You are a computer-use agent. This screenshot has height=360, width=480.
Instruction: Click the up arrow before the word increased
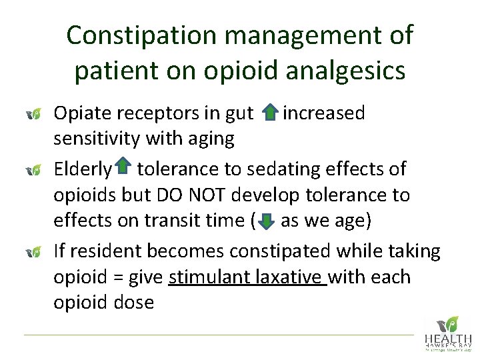tap(269, 113)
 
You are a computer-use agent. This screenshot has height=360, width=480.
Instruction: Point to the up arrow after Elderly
tap(123, 167)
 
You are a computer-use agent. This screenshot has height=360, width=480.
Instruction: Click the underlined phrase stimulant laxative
tap(246, 277)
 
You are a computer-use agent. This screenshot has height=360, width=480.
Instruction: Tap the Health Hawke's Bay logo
tap(448, 333)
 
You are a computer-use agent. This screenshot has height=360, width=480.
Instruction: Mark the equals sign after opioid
tap(110, 277)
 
